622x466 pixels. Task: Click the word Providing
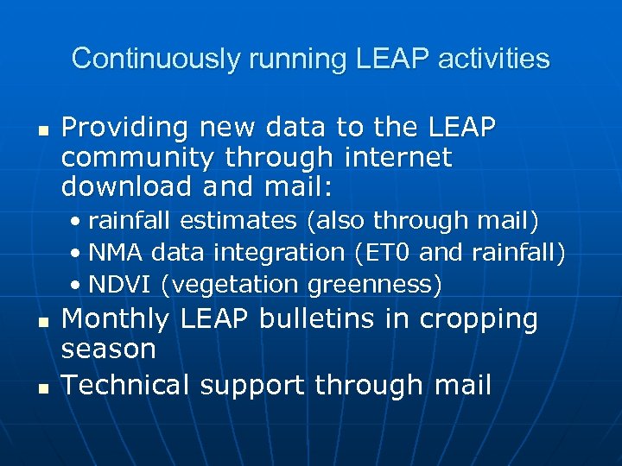pos(125,128)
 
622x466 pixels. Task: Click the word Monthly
pos(116,319)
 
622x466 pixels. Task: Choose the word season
pos(109,349)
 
